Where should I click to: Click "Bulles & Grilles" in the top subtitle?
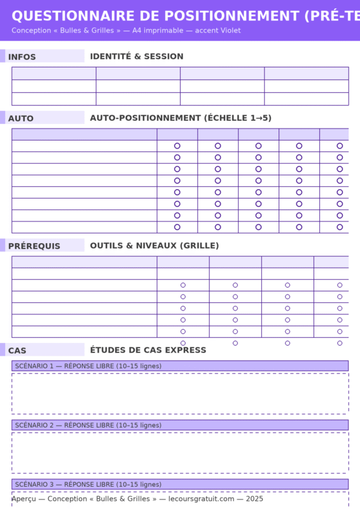tap(87, 31)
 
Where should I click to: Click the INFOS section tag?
tap(22, 57)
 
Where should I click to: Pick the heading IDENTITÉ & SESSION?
tap(137, 57)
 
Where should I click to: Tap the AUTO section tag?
tap(21, 118)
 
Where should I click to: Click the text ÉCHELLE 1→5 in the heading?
tap(240, 118)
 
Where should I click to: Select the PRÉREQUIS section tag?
tap(34, 246)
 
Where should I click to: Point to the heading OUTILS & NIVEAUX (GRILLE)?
tap(155, 246)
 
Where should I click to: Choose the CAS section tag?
tap(18, 351)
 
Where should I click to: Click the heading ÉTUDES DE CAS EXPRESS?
tap(148, 350)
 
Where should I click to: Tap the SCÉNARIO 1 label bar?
tap(179, 366)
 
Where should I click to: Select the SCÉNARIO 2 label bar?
tap(179, 425)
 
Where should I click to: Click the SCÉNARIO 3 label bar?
tap(179, 484)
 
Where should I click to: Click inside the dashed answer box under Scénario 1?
tap(179, 393)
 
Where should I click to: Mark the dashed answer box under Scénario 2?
tap(179, 452)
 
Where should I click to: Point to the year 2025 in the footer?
tap(254, 499)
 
